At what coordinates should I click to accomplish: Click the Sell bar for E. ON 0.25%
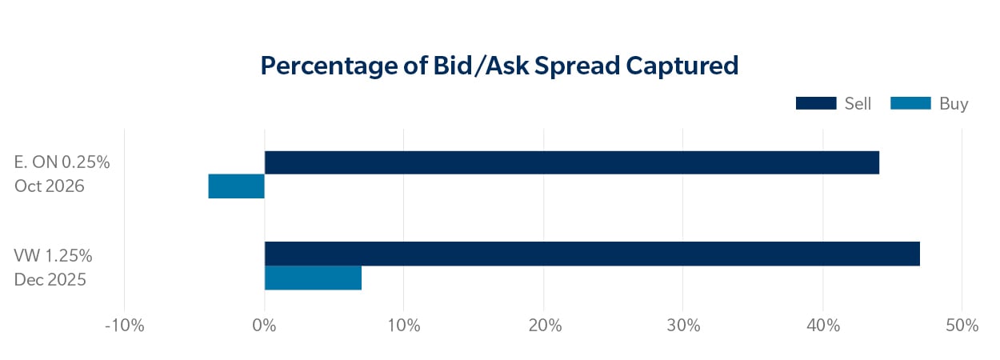[x=571, y=162]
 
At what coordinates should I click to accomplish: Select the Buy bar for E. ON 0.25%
[x=236, y=186]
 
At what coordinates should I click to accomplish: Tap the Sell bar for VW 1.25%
[x=592, y=254]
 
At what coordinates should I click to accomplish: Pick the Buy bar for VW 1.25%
[x=313, y=278]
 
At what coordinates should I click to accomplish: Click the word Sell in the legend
[x=858, y=103]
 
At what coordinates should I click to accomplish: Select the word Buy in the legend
[x=954, y=104]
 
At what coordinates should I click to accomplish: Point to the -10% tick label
[x=124, y=326]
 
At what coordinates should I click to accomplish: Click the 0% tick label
[x=264, y=326]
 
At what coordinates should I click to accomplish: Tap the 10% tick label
[x=404, y=326]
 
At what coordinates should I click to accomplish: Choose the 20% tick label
[x=543, y=326]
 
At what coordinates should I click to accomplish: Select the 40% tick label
[x=822, y=326]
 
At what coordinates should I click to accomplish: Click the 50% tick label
[x=962, y=326]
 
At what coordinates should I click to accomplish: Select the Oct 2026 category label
[x=49, y=186]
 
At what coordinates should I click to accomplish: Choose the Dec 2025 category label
[x=50, y=280]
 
